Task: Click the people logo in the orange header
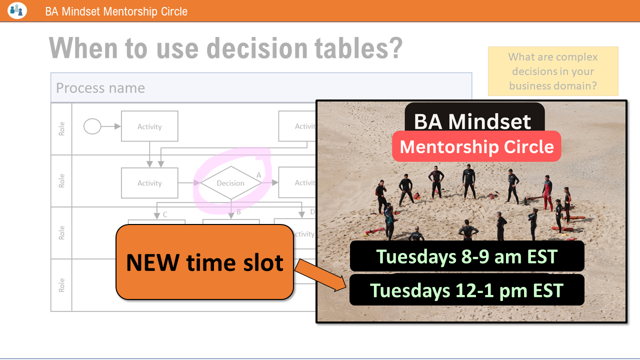click(x=17, y=10)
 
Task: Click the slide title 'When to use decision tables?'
click(x=225, y=48)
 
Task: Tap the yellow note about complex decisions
click(x=553, y=71)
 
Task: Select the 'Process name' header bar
click(x=261, y=88)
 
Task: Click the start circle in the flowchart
click(x=92, y=126)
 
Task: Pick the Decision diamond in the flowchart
click(x=230, y=183)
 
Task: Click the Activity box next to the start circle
click(x=149, y=126)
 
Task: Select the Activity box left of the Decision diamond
click(x=149, y=183)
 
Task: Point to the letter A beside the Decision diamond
click(x=258, y=175)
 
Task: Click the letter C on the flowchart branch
click(x=165, y=214)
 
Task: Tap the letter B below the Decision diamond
click(x=238, y=212)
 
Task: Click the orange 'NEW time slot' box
click(x=204, y=262)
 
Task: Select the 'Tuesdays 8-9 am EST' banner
click(x=466, y=256)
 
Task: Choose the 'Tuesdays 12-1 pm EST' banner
click(x=466, y=290)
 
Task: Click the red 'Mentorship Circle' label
click(x=476, y=146)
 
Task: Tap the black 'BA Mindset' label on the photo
click(x=473, y=121)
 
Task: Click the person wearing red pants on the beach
click(x=548, y=195)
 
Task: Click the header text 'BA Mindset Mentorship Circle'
click(x=116, y=11)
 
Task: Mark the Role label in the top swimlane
click(x=62, y=129)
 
